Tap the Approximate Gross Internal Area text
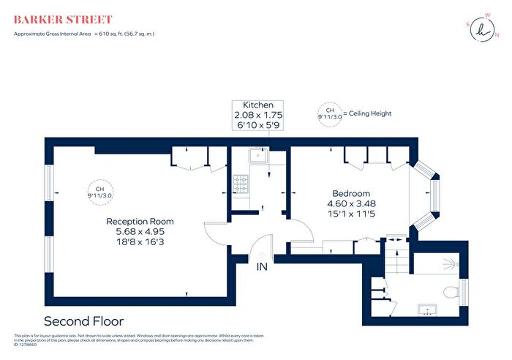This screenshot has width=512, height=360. (x=84, y=34)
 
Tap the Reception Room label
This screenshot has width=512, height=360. (x=140, y=221)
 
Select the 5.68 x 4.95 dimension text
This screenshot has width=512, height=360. (x=140, y=232)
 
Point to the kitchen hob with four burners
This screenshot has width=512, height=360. (x=241, y=184)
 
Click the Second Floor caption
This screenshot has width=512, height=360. (x=84, y=321)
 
